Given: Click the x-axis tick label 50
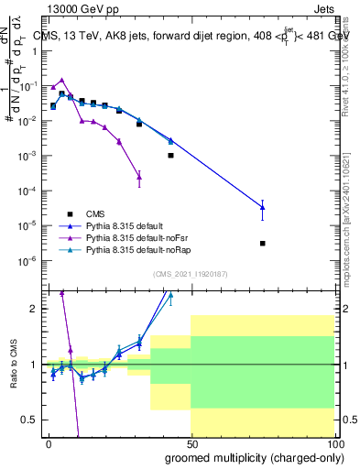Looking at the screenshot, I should [191, 442].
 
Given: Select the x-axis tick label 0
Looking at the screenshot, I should [48, 442].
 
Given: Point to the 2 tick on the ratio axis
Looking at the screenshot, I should [34, 309].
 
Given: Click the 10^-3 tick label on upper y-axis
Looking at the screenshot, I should [27, 156].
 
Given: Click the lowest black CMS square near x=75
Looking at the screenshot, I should [263, 244].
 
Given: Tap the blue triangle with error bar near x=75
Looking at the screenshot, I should [263, 207].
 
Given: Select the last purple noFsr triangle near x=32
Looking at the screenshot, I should [139, 177].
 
